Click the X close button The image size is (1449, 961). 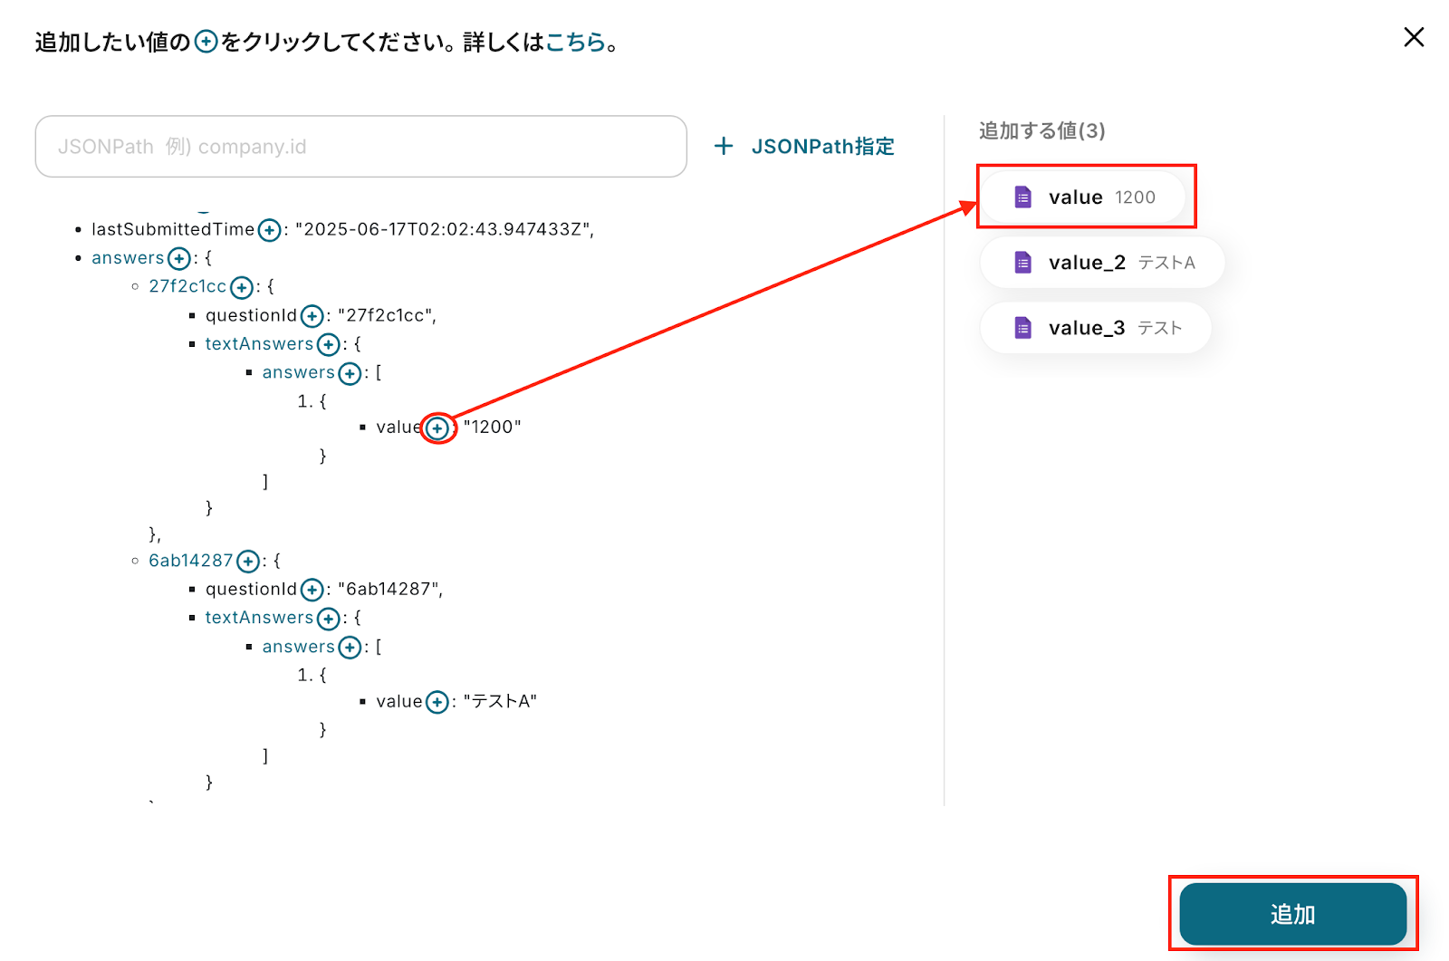[1414, 37]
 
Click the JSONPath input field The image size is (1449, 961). [360, 146]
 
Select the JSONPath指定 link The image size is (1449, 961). [804, 146]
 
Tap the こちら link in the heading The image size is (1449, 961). [575, 42]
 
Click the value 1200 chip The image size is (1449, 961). [1084, 197]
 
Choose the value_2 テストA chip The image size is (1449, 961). [1102, 263]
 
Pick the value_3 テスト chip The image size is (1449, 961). [1095, 328]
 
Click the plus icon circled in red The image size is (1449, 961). [437, 428]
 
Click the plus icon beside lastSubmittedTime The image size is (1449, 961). [269, 230]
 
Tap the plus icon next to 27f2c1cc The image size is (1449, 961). [241, 287]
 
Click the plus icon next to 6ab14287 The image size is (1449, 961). [247, 562]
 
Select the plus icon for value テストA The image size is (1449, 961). [437, 702]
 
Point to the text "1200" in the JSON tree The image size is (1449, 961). [493, 427]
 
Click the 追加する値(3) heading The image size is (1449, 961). [1041, 130]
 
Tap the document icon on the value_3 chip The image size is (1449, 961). [1022, 328]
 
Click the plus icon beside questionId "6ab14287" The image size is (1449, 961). [312, 591]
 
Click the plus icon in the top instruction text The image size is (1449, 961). [206, 42]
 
